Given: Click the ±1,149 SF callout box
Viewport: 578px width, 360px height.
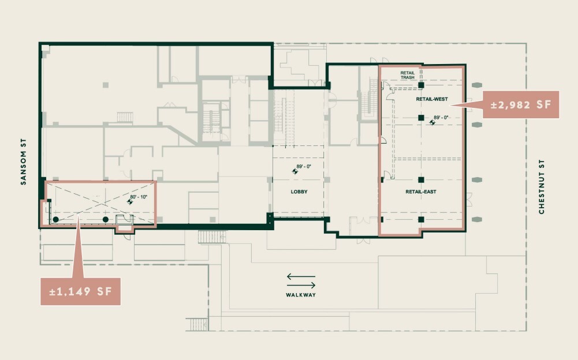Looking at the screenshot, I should point(80,291).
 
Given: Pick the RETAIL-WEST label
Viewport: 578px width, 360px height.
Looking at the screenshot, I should point(432,99).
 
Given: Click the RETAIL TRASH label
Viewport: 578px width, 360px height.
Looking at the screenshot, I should point(408,75).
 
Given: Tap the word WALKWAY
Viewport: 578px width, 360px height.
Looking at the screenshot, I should point(301,295).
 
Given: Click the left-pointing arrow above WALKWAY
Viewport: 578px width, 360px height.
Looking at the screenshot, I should point(301,277).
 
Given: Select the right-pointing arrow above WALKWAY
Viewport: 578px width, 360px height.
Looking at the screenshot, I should point(301,285).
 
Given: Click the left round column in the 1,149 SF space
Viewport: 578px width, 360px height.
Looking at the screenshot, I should point(55,219).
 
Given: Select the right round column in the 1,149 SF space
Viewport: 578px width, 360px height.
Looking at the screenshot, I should point(106,219).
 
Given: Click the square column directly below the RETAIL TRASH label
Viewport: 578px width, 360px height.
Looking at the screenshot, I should point(422,85).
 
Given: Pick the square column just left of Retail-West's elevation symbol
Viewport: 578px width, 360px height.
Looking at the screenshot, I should point(422,118).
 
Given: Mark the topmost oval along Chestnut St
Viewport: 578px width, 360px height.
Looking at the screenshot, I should point(477,85).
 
